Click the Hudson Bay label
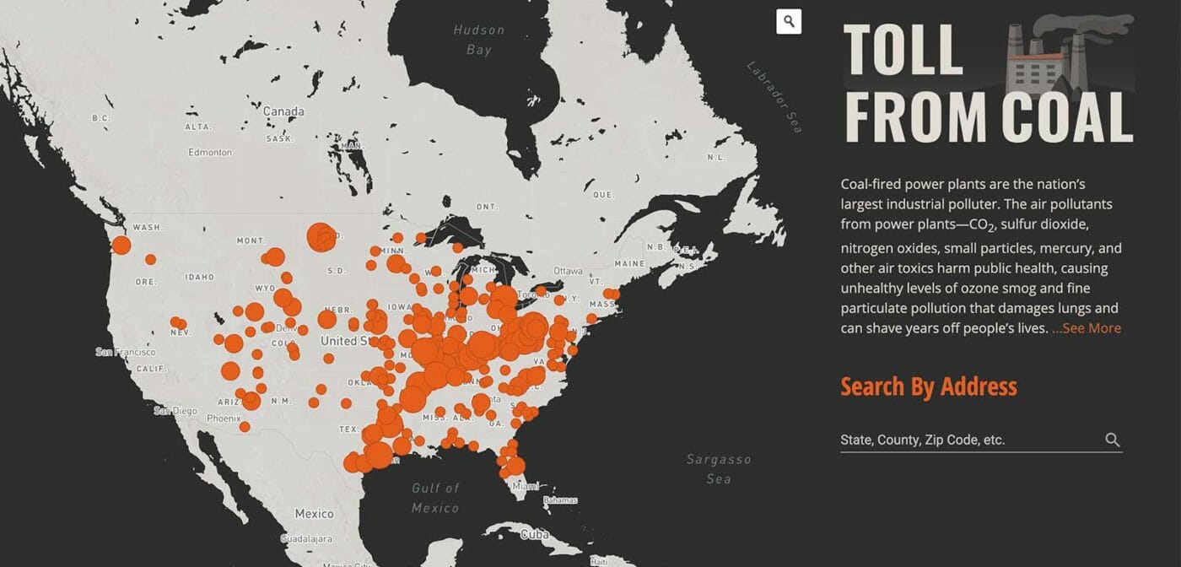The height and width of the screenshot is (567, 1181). (478, 40)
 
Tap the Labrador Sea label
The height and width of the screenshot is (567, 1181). (774, 96)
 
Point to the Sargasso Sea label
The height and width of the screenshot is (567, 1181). (718, 469)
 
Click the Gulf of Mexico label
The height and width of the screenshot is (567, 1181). (435, 498)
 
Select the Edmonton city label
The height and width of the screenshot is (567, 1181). (210, 153)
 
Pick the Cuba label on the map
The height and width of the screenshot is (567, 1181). (535, 534)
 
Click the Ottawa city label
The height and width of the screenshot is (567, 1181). (568, 271)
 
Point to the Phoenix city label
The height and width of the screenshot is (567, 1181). (224, 418)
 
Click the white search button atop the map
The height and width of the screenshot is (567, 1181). (789, 22)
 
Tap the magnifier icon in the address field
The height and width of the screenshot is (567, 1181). (1113, 440)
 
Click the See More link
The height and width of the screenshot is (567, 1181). (1087, 328)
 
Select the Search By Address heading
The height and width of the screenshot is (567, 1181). (929, 386)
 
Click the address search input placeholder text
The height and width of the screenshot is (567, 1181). (923, 440)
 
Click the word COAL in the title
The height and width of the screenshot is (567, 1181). (1068, 116)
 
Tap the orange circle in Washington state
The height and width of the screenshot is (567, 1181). (121, 246)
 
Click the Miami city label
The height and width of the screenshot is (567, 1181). (526, 486)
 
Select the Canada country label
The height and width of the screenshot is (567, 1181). (283, 111)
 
